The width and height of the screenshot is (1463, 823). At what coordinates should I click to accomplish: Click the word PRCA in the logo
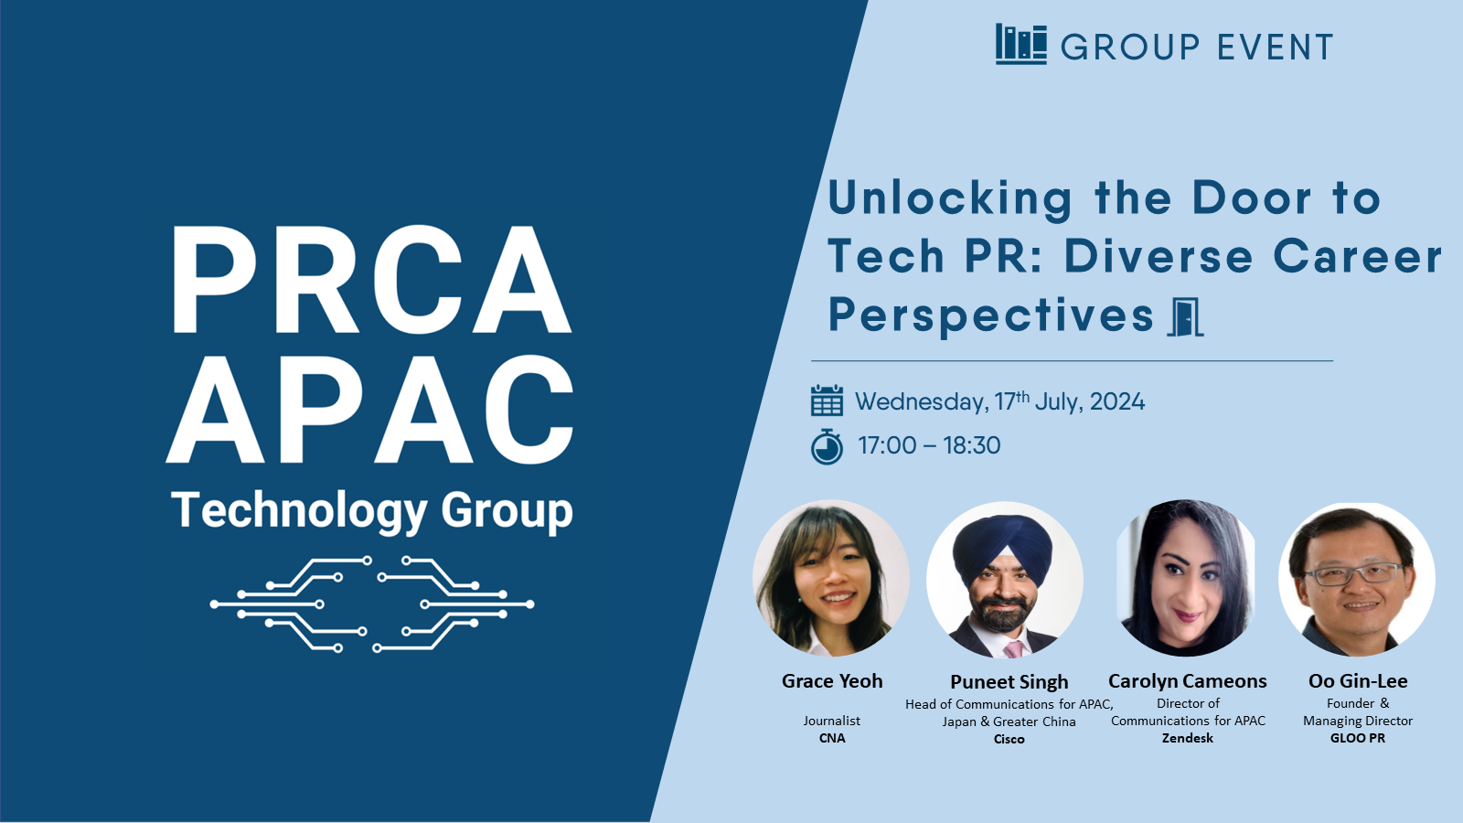(371, 281)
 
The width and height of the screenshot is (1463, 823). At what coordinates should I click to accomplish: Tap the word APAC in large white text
(369, 410)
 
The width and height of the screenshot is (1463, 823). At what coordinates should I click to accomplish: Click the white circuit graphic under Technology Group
(371, 604)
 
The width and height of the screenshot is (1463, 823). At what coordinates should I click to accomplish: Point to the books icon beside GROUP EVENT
(1020, 45)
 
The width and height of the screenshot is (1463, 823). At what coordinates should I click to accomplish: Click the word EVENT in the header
(1276, 47)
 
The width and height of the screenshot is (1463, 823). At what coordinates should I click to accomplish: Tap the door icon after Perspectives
(1185, 317)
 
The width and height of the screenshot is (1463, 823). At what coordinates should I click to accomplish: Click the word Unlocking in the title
(950, 198)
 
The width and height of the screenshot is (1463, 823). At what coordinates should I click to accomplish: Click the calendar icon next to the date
(827, 401)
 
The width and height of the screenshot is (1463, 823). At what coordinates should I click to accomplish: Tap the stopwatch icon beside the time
(827, 447)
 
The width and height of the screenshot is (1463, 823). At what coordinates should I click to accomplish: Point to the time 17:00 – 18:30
(929, 445)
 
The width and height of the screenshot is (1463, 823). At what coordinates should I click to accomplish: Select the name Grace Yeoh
(832, 681)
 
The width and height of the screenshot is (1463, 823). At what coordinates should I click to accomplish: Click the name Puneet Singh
(1009, 682)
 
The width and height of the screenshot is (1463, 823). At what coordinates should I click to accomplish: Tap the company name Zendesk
(1188, 738)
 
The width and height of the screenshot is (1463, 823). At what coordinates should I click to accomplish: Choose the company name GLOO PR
(1358, 738)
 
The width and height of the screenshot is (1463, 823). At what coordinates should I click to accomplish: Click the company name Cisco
(1009, 740)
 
